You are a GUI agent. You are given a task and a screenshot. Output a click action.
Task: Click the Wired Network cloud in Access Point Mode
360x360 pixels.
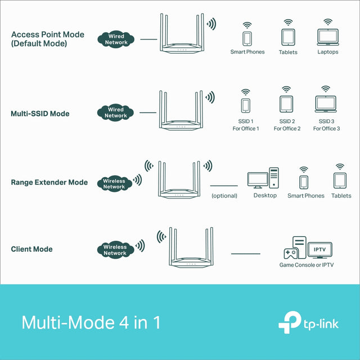[x=116, y=39]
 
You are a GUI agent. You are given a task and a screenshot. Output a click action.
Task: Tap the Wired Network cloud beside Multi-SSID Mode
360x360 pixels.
[x=115, y=112]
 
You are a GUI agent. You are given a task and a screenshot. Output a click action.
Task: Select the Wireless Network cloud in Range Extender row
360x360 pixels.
[x=115, y=184]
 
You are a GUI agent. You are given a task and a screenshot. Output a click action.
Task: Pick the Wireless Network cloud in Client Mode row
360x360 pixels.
[x=115, y=250]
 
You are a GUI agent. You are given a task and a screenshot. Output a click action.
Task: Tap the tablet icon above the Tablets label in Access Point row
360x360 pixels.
[x=288, y=37]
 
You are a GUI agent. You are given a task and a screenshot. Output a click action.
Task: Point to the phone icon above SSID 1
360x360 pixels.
[x=246, y=106]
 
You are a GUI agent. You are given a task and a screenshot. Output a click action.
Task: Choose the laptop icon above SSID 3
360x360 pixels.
[x=326, y=104]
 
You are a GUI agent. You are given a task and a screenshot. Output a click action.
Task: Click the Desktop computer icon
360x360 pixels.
[x=263, y=178]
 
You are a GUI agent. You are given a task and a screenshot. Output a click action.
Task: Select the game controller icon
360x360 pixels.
[x=291, y=254]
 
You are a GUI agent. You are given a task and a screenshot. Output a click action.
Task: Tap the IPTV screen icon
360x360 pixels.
[x=320, y=250]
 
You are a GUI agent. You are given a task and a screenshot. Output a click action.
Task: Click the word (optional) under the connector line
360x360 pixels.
[x=224, y=196]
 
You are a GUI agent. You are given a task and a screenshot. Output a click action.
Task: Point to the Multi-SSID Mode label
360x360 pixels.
[x=40, y=114]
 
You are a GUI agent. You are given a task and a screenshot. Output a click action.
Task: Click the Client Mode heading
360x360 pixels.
[x=31, y=249]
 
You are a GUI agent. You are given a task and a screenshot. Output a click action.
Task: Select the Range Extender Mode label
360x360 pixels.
[x=49, y=182]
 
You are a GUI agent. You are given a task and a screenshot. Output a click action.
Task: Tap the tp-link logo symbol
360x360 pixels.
[x=290, y=322]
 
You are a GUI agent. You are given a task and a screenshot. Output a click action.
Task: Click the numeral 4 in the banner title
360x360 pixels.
[x=124, y=322]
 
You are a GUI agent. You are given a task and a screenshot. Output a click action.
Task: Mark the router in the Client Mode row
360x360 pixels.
[x=191, y=247]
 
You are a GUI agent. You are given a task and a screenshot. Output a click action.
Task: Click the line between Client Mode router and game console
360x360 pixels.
[x=246, y=254]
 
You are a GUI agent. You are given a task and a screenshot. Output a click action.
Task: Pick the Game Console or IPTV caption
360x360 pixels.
[x=307, y=265]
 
